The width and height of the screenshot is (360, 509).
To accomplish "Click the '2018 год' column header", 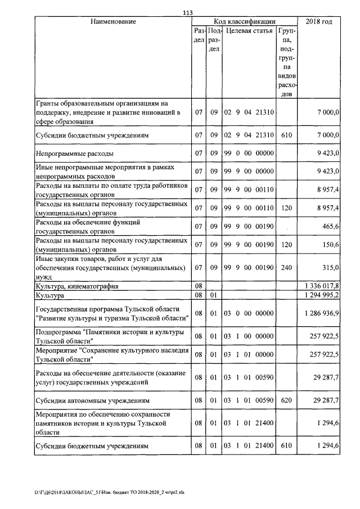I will [318, 21].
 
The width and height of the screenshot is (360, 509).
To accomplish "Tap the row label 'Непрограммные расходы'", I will [75, 152].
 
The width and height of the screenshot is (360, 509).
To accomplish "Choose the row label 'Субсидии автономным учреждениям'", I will [92, 401].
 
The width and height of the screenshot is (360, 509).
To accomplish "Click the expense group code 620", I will [286, 401].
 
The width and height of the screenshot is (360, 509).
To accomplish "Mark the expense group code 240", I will [286, 267].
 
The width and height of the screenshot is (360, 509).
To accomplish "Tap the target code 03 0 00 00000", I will [248, 312].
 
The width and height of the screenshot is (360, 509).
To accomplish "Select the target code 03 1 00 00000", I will [248, 336].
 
